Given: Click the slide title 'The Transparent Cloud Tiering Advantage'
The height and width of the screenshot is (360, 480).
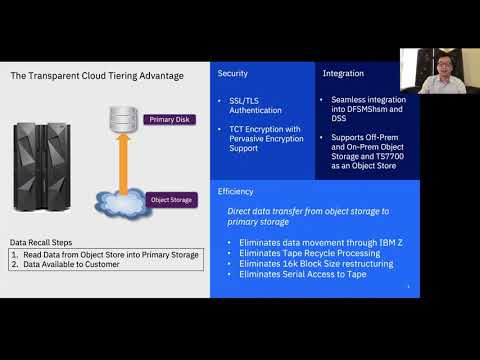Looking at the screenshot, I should click(96, 75).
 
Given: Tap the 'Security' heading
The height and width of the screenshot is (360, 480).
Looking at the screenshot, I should click(233, 74).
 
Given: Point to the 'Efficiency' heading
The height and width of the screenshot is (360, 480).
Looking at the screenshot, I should click(235, 191).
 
